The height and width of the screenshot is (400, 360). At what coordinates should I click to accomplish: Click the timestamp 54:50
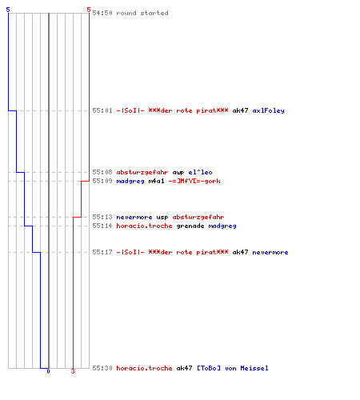(x=102, y=13)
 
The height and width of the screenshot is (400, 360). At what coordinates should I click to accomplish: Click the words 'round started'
(x=142, y=13)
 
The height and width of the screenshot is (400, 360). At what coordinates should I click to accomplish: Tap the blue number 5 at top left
(x=8, y=10)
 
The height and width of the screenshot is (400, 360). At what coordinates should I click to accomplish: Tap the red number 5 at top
(x=89, y=10)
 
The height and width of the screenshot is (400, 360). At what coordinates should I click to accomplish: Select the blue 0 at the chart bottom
(x=48, y=371)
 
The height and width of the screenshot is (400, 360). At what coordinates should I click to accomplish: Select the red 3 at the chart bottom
(x=73, y=371)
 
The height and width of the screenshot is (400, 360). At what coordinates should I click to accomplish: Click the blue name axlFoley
(x=268, y=110)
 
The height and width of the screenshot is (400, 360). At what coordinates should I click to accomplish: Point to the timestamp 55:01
(x=102, y=110)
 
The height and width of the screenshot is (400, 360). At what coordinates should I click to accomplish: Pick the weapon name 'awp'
(x=178, y=173)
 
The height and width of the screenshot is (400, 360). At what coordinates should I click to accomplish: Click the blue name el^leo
(x=200, y=172)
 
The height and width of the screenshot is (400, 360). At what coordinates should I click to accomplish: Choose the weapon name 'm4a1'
(x=156, y=181)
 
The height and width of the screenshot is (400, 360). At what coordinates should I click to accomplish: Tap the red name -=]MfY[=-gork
(x=194, y=181)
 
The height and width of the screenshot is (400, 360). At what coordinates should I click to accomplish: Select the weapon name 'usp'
(x=162, y=218)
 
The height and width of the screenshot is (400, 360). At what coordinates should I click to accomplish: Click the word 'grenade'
(x=190, y=226)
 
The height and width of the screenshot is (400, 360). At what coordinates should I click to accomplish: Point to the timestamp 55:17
(x=102, y=252)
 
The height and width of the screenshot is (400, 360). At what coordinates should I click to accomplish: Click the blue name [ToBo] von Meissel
(x=233, y=368)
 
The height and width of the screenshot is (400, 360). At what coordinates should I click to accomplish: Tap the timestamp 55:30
(x=102, y=368)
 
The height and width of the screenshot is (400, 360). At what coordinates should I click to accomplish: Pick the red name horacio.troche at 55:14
(x=144, y=226)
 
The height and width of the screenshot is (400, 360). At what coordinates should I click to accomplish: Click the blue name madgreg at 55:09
(x=130, y=182)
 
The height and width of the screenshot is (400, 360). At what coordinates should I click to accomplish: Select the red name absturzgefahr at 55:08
(x=142, y=172)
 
